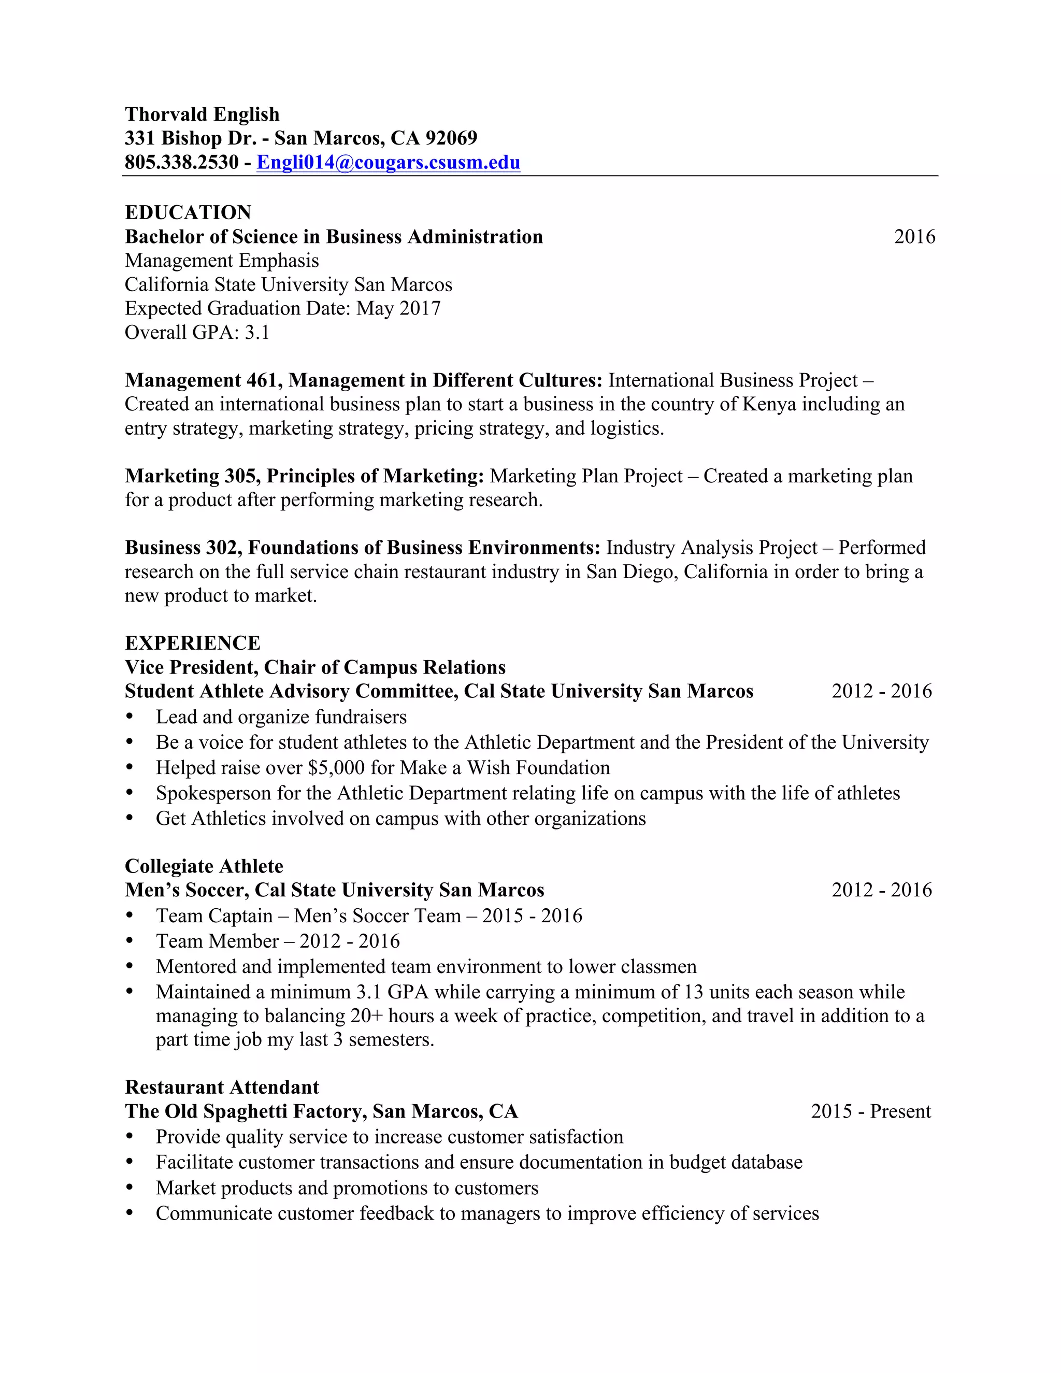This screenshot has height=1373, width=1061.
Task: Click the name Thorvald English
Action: point(202,115)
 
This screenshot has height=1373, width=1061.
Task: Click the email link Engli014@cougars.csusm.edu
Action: point(388,162)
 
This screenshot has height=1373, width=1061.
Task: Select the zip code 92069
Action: point(451,138)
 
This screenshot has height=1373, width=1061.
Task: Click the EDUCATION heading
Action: point(188,212)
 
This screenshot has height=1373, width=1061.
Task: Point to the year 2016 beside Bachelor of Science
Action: point(914,237)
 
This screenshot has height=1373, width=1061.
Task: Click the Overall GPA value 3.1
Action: point(257,333)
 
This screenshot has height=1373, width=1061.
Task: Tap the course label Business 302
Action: point(181,548)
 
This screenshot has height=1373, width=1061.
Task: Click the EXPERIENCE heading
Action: point(192,643)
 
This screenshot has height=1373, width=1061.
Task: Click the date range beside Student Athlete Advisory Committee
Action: point(881,692)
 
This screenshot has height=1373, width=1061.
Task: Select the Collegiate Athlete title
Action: point(204,866)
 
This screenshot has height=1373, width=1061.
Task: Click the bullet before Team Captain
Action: point(130,916)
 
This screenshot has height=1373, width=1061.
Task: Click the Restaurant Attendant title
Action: point(221,1088)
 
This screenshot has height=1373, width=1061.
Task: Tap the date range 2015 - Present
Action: point(870,1111)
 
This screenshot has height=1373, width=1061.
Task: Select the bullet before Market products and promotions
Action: point(130,1188)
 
